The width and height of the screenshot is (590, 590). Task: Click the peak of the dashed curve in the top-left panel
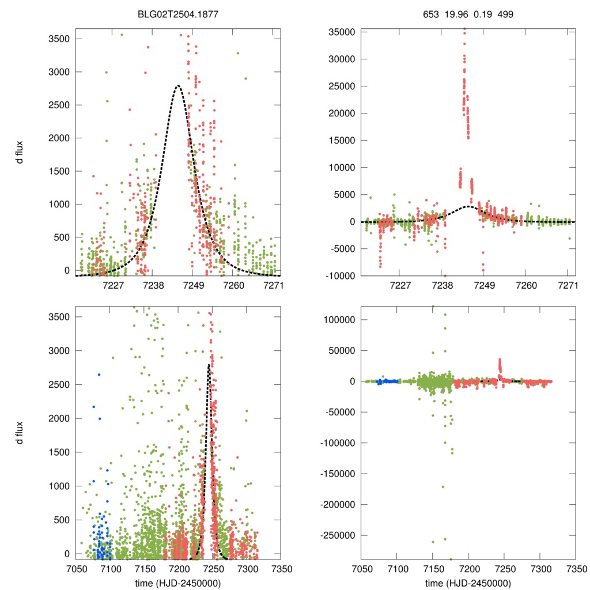pyautogui.click(x=177, y=86)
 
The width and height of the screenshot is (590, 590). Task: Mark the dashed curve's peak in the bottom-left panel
pyautogui.click(x=208, y=365)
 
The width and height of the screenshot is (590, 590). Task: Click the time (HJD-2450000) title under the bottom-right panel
pyautogui.click(x=468, y=583)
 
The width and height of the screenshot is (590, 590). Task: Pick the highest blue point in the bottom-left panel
pyautogui.click(x=99, y=375)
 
